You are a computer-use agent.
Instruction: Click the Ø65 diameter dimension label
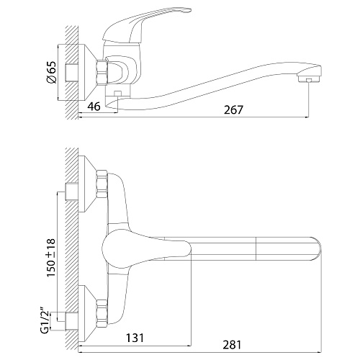tap(51, 73)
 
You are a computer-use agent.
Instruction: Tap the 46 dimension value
tap(94, 107)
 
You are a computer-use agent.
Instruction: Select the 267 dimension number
tap(233, 110)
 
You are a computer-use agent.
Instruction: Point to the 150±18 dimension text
tap(51, 258)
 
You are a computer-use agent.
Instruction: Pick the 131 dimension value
tap(135, 338)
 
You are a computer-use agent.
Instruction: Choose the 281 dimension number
tap(232, 345)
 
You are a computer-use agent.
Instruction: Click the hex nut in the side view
tap(102, 72)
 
